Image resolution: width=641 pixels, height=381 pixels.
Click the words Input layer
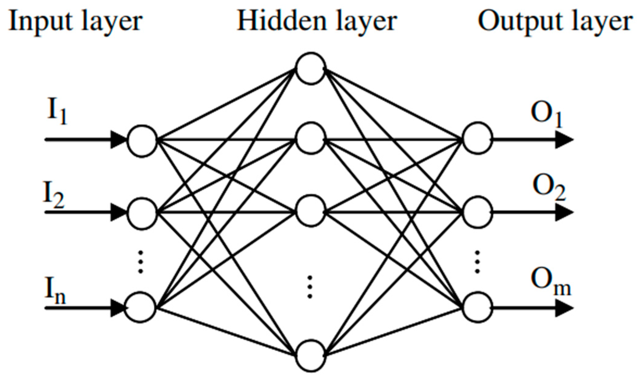pos(75,22)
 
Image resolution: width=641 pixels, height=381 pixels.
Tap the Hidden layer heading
pos(317,22)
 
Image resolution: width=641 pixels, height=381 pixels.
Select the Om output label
pos(550,282)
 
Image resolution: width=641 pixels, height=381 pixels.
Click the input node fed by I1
pos(142,141)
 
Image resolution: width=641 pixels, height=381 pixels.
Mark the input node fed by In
pos(141,307)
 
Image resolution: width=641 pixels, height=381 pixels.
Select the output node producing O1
pos(477,137)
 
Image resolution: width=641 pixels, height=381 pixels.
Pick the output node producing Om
pos(477,307)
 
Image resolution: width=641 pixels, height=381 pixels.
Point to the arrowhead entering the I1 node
pos(118,140)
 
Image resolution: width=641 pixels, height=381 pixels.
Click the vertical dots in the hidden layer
pos(310,287)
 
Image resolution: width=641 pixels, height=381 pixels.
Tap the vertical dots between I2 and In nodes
pos(141,262)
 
